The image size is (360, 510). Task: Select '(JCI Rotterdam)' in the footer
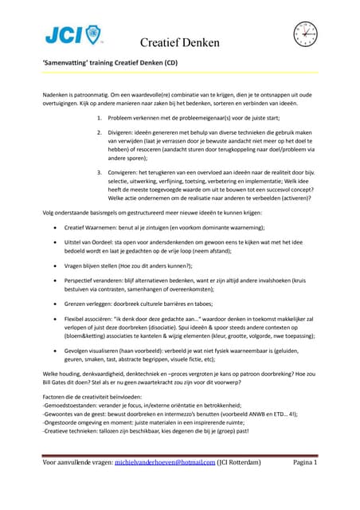click(x=240, y=485)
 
